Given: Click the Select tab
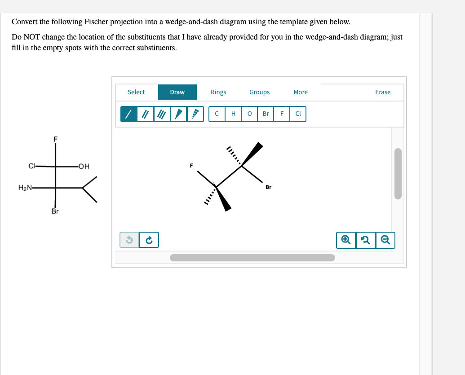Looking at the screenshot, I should pyautogui.click(x=136, y=92).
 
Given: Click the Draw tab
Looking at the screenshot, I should pyautogui.click(x=177, y=92).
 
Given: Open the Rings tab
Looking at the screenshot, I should pyautogui.click(x=218, y=92).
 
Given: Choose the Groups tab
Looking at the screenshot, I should pyautogui.click(x=260, y=92).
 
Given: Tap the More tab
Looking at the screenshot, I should pyautogui.click(x=301, y=92).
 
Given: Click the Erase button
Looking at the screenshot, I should pyautogui.click(x=383, y=92).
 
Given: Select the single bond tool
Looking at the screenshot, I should pyautogui.click(x=128, y=114).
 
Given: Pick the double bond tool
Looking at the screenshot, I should pyautogui.click(x=145, y=114).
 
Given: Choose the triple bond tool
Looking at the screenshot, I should pyautogui.click(x=162, y=114).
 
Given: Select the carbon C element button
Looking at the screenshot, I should pyautogui.click(x=217, y=114).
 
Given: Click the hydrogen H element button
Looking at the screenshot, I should pyautogui.click(x=233, y=114).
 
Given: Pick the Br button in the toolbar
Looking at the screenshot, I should pyautogui.click(x=266, y=114).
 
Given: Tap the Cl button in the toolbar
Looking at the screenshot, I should pyautogui.click(x=298, y=114).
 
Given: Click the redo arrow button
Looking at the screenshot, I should pyautogui.click(x=149, y=240).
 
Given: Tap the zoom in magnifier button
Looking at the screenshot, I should pyautogui.click(x=345, y=240).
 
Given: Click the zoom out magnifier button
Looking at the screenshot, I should pyautogui.click(x=386, y=240).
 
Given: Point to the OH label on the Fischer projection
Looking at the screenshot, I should pyautogui.click(x=84, y=167).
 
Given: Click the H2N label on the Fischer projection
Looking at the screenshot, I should pyautogui.click(x=25, y=188).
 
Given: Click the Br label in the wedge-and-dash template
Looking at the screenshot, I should pyautogui.click(x=268, y=187).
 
